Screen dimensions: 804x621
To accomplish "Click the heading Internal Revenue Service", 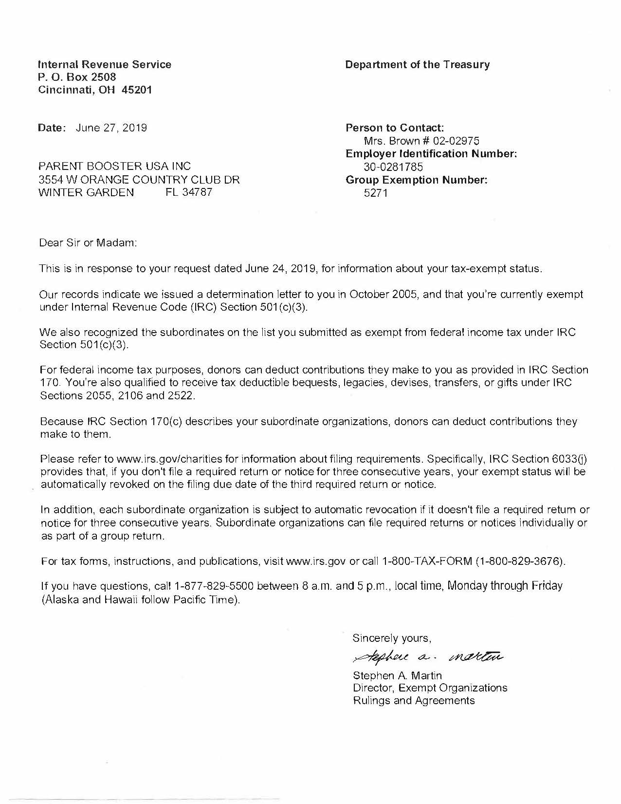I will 105,64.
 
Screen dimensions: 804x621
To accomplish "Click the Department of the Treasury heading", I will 417,64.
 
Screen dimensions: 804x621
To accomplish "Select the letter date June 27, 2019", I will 111,128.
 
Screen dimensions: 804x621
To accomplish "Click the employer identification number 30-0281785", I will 393,167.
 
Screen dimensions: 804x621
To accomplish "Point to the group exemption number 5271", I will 375,193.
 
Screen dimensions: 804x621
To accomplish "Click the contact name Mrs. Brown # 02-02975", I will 421,141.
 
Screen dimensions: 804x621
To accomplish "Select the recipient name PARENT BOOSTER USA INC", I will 115,167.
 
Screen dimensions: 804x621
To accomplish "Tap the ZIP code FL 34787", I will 189,192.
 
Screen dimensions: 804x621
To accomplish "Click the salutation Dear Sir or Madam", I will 88,243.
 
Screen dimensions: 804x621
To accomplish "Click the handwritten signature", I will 422,656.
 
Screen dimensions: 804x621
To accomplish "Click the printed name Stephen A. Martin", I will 397,675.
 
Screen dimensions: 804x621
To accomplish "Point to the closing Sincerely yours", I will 392,638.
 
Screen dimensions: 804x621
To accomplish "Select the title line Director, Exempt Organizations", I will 430,688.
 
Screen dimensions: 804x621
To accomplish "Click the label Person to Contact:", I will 394,128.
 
